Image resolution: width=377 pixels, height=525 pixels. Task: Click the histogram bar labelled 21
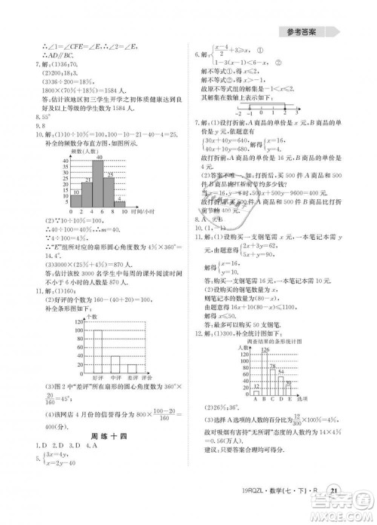(x=66, y=190)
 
